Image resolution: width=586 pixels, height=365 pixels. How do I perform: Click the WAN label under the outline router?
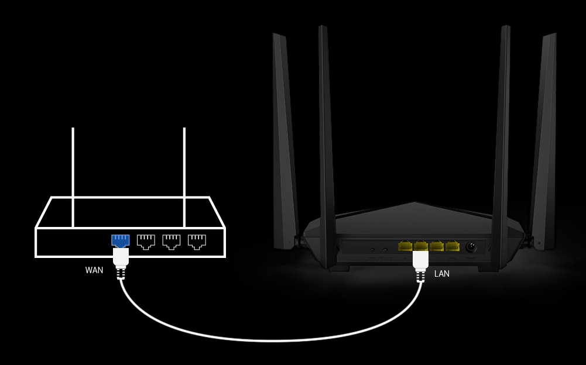coord(94,270)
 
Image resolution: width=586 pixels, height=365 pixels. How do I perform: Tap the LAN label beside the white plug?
coord(442,273)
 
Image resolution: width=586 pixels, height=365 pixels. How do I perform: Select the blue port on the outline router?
coord(120,240)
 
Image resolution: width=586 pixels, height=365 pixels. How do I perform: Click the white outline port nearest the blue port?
coord(145,240)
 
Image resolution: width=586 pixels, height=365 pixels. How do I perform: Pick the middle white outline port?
coord(171,240)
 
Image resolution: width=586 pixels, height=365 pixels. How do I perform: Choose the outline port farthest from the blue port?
coord(197,240)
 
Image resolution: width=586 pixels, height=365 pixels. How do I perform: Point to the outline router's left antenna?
coord(73,175)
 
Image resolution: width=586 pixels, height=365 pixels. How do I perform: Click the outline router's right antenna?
coord(184,175)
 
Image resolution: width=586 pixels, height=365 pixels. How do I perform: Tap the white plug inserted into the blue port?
coord(121,258)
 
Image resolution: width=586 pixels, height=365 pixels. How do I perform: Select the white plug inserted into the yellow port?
coord(421,260)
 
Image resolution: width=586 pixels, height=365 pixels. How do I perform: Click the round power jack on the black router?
coord(471,247)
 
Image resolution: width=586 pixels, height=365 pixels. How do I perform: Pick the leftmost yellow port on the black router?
coord(405,246)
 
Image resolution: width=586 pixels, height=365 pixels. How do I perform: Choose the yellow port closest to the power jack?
coord(452,246)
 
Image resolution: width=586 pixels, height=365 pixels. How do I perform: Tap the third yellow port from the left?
coord(437,246)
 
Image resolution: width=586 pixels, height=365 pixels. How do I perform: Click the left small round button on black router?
coord(372,250)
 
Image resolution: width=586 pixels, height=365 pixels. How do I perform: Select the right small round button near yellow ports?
coord(385,250)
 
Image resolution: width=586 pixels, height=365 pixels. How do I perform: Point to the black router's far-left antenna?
coord(285,140)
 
